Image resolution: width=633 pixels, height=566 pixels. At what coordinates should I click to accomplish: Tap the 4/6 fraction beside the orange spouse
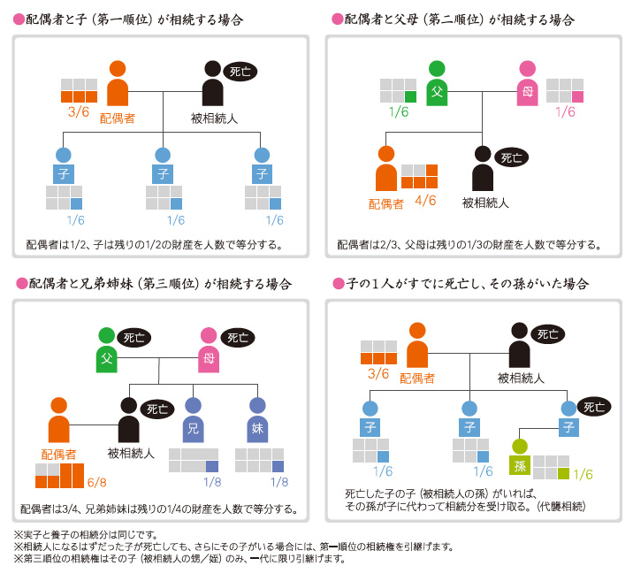426,200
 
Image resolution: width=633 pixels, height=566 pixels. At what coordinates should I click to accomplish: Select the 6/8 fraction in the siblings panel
96,482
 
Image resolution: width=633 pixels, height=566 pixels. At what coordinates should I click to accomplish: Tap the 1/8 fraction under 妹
278,482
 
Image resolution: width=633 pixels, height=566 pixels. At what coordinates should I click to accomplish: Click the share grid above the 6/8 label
59,476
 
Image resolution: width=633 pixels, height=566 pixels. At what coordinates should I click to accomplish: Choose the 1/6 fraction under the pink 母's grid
565,112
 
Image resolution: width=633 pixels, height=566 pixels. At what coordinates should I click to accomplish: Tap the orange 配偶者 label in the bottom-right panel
418,378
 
